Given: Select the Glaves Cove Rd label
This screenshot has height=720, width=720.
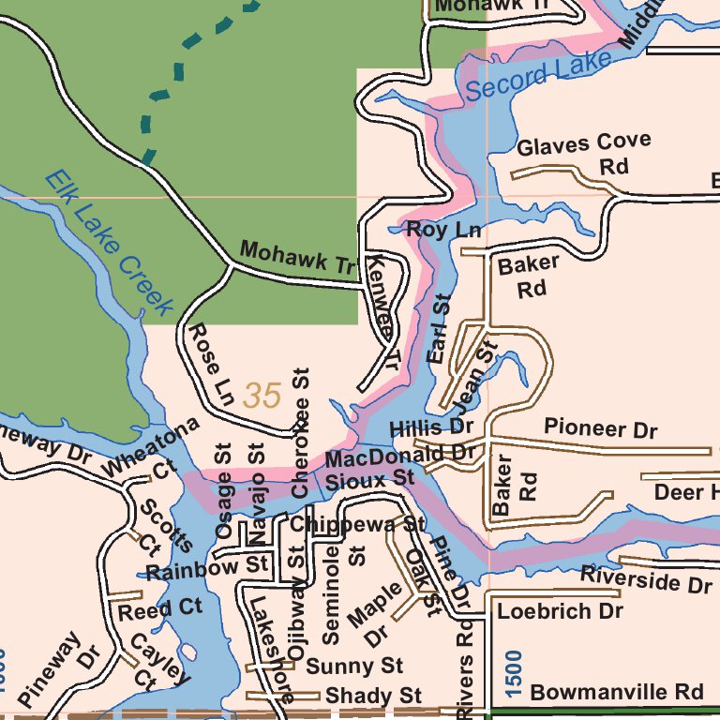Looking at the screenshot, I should [x=585, y=154].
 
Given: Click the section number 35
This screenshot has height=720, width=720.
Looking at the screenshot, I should [x=262, y=396].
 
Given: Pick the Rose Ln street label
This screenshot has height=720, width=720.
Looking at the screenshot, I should [x=211, y=366].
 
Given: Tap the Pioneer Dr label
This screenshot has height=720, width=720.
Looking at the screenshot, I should [x=601, y=428].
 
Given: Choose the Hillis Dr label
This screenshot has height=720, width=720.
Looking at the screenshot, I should [x=432, y=427].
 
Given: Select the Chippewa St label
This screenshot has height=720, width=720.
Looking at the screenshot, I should [x=356, y=524].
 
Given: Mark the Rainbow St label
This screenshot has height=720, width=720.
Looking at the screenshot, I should [x=206, y=569].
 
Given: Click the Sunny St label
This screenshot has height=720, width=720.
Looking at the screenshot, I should [x=354, y=667].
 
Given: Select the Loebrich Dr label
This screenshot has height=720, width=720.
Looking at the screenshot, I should [x=560, y=611].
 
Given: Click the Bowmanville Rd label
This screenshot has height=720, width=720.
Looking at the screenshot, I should [x=616, y=692].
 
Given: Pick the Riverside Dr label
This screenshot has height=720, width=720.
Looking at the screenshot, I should [x=645, y=579].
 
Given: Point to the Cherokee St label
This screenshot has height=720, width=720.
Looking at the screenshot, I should [x=300, y=431].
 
